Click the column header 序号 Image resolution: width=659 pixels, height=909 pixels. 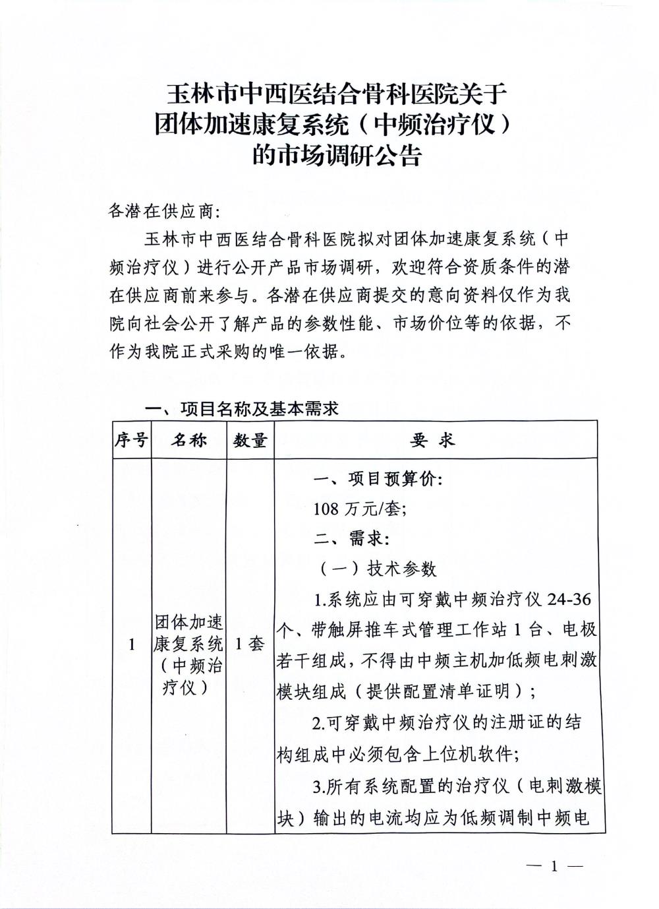point(131,440)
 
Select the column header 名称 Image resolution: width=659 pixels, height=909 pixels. point(189,440)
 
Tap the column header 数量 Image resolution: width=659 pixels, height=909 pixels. point(250,440)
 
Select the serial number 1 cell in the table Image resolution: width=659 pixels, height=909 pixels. point(131,644)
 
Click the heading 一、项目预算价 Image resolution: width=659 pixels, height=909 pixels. point(378,479)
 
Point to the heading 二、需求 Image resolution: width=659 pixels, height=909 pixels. point(351,538)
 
